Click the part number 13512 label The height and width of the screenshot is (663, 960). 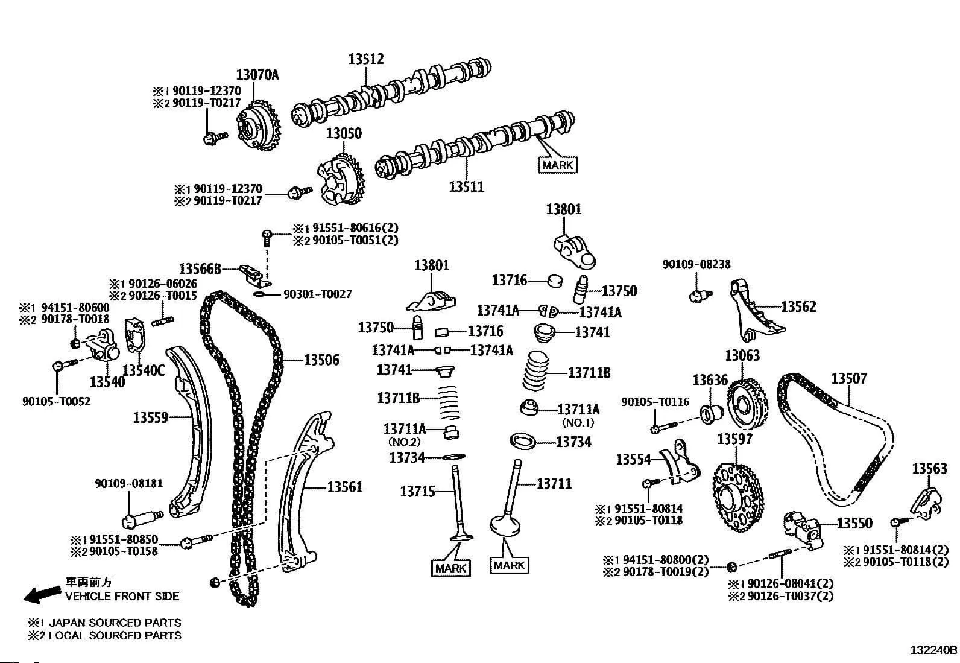click(365, 59)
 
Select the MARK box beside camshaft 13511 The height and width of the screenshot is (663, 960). click(557, 165)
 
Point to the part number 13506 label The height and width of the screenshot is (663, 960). click(321, 360)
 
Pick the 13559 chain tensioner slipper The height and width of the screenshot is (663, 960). click(191, 431)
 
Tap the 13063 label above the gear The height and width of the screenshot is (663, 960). click(742, 355)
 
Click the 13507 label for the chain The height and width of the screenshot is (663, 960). click(848, 378)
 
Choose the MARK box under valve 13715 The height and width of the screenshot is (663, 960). click(451, 568)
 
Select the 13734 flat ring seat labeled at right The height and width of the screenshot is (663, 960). click(522, 440)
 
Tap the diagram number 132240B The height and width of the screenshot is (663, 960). click(933, 650)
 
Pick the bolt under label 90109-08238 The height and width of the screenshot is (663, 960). click(699, 295)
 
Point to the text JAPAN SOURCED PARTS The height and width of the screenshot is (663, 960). click(115, 622)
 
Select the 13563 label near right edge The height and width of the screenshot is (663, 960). click(929, 468)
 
